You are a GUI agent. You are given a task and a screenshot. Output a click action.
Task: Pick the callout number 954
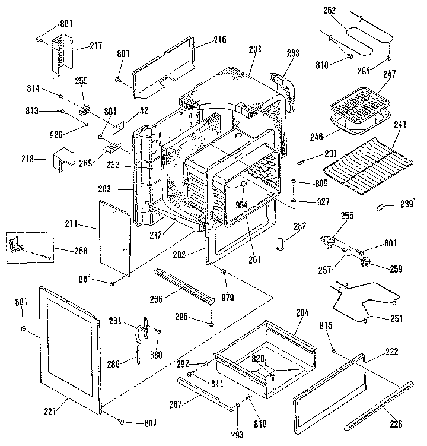tap(241, 204)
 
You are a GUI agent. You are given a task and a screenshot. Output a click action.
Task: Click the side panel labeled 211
tap(113, 238)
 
